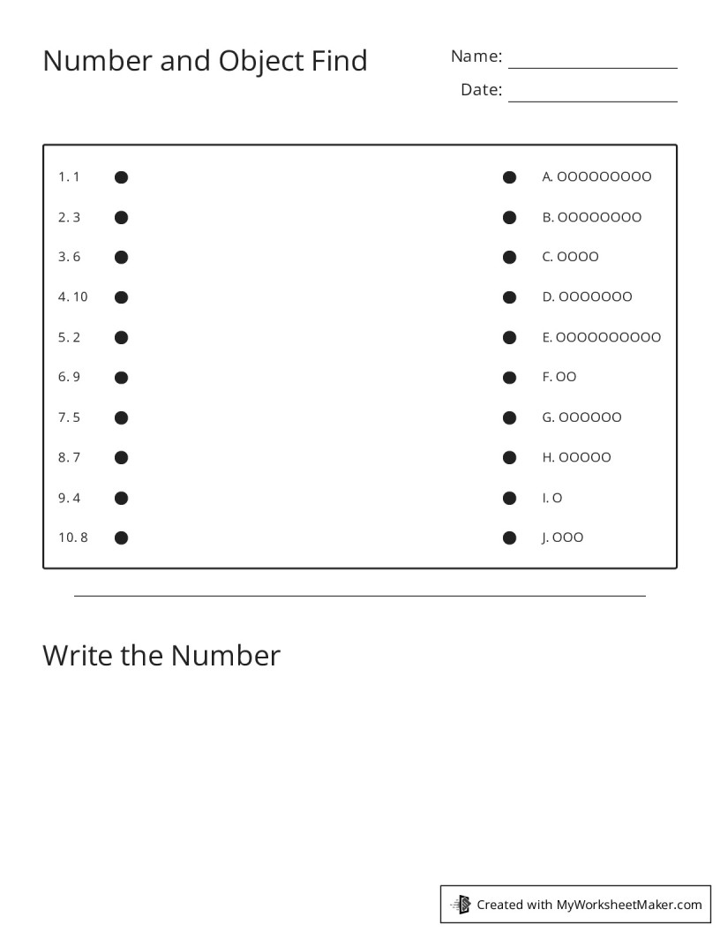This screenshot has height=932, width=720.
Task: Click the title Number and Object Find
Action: pyautogui.click(x=205, y=61)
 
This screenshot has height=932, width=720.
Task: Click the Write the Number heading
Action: pyautogui.click(x=161, y=656)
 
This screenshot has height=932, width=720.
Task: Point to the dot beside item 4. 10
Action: pyautogui.click(x=122, y=297)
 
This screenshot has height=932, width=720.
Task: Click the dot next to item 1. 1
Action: pyautogui.click(x=122, y=177)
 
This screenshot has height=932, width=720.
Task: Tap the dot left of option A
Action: pyautogui.click(x=509, y=177)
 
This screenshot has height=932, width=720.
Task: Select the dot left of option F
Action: pyautogui.click(x=509, y=378)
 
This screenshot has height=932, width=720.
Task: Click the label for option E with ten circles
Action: pyautogui.click(x=601, y=337)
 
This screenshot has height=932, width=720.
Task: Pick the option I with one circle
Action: pyautogui.click(x=552, y=498)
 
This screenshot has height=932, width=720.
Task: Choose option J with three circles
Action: pyautogui.click(x=562, y=537)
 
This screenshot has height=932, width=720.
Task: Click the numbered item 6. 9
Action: pyautogui.click(x=69, y=377)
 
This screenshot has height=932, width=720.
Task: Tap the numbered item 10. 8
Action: pyautogui.click(x=73, y=537)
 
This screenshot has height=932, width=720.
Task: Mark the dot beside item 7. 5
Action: pyautogui.click(x=122, y=417)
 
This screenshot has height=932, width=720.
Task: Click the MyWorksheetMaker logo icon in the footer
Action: pyautogui.click(x=461, y=904)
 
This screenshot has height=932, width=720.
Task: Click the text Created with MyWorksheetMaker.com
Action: pyautogui.click(x=589, y=904)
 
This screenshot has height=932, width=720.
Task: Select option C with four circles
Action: pyautogui.click(x=570, y=257)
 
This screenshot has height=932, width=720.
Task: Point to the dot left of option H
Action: pyautogui.click(x=509, y=457)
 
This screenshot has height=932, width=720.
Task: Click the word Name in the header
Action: pyautogui.click(x=476, y=56)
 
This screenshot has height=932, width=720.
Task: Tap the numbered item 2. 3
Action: pyautogui.click(x=69, y=217)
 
